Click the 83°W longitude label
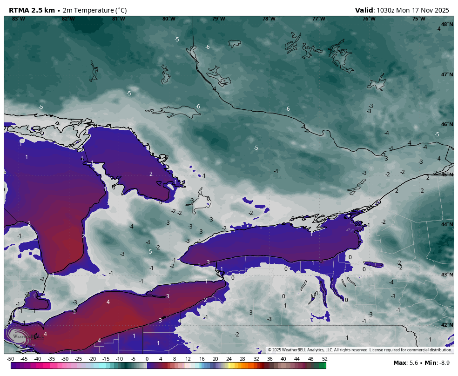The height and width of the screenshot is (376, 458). (x=19, y=19)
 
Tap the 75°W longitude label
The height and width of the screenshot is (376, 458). (x=418, y=19)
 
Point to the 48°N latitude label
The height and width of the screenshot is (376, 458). (x=447, y=24)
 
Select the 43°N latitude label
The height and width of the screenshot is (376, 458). (x=447, y=275)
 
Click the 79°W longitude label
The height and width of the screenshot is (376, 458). (x=218, y=19)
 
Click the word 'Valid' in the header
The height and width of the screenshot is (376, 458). (x=364, y=10)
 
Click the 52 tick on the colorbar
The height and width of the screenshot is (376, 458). (x=324, y=359)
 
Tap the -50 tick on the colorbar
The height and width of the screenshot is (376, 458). (x=10, y=359)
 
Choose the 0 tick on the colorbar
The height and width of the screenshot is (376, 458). (x=147, y=359)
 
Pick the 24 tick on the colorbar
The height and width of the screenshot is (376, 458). (x=229, y=359)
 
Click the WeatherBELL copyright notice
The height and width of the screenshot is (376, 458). (x=360, y=350)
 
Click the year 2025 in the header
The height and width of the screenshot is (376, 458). (x=443, y=10)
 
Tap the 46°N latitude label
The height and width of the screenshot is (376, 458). (x=447, y=124)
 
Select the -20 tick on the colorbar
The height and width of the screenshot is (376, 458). (x=92, y=359)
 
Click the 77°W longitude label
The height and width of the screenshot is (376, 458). (x=318, y=19)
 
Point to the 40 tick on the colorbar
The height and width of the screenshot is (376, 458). (x=283, y=359)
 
